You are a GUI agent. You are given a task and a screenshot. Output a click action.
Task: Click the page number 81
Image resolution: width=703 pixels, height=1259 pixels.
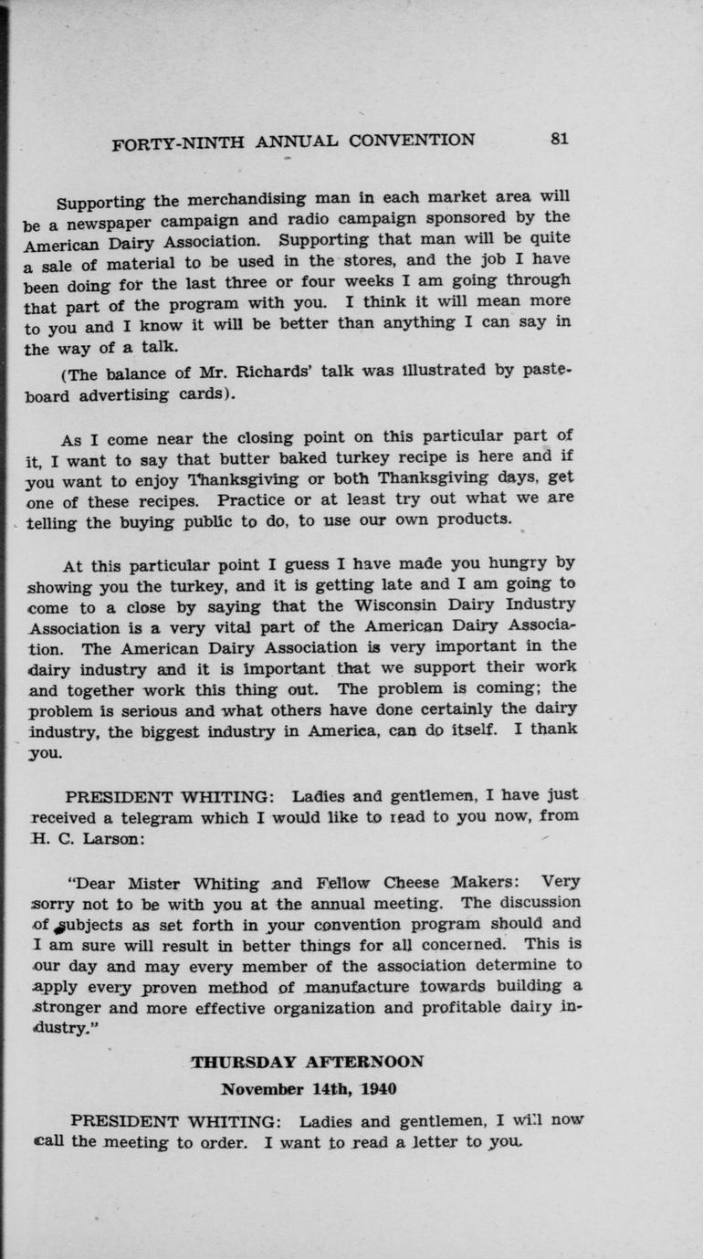[559, 139]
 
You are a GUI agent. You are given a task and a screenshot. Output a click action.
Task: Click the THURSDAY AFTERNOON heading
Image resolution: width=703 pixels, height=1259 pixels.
[307, 1062]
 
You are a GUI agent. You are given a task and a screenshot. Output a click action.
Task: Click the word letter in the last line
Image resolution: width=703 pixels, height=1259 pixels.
[440, 1142]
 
